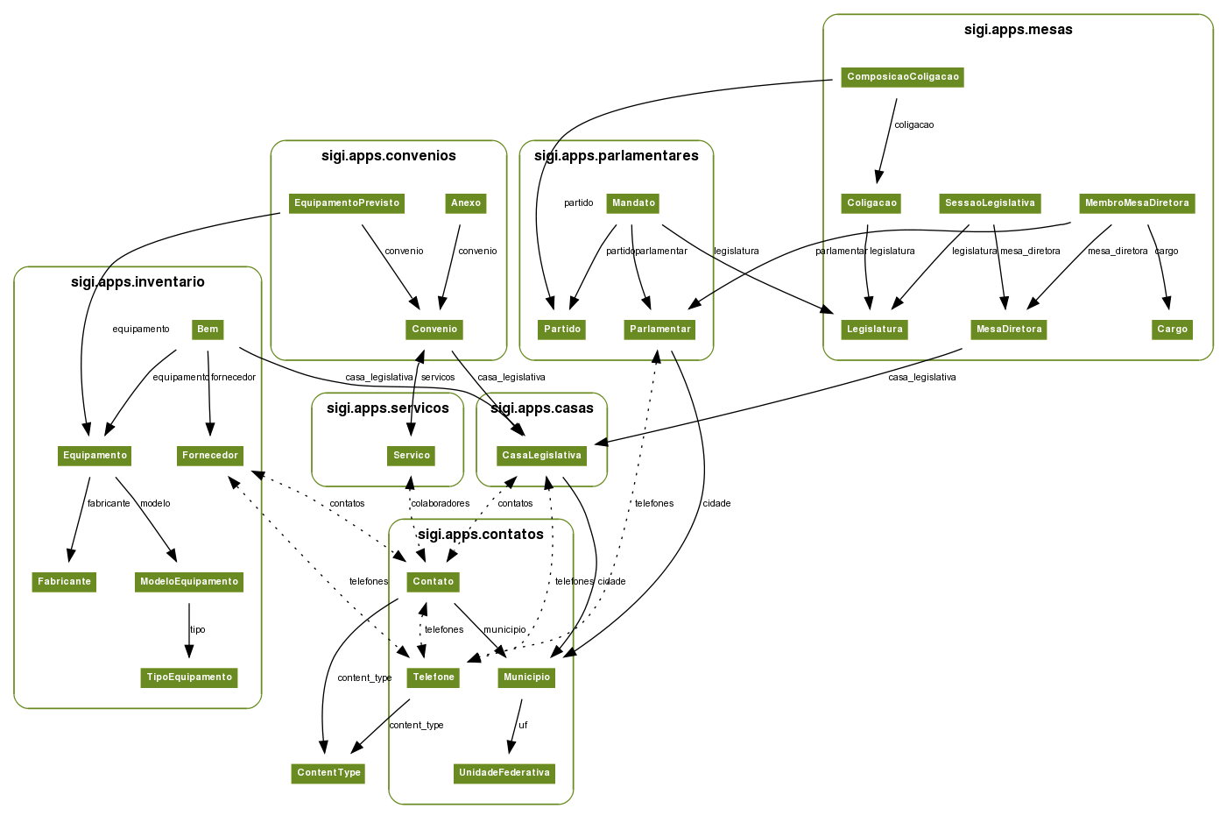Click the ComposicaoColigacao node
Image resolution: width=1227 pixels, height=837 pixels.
(902, 77)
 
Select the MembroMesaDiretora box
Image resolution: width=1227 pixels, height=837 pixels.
(1137, 203)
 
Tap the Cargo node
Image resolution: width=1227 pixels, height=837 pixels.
(1172, 330)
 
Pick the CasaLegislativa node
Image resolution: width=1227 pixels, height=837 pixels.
(541, 456)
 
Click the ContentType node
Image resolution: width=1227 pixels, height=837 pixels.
(328, 773)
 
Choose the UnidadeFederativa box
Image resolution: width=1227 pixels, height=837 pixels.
(504, 773)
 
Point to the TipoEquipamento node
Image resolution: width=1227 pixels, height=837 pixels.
(189, 677)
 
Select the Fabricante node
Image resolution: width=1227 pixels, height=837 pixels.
(64, 582)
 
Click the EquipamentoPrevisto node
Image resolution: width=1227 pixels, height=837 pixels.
(347, 203)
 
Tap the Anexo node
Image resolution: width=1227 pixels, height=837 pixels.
(466, 203)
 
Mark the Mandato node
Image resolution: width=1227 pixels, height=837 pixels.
(633, 203)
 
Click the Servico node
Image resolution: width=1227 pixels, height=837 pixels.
(412, 456)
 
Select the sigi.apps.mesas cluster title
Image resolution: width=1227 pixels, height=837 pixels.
(1018, 30)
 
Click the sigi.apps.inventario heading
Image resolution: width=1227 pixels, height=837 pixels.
(138, 282)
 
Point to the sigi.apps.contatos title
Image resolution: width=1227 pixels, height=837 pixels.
(481, 535)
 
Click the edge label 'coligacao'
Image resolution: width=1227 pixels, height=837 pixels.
(913, 125)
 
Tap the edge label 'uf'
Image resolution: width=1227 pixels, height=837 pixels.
(523, 725)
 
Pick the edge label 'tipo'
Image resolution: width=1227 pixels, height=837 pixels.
(198, 630)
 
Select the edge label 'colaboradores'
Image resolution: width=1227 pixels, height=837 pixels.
(441, 504)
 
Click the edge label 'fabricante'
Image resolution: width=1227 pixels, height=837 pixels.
(109, 504)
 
